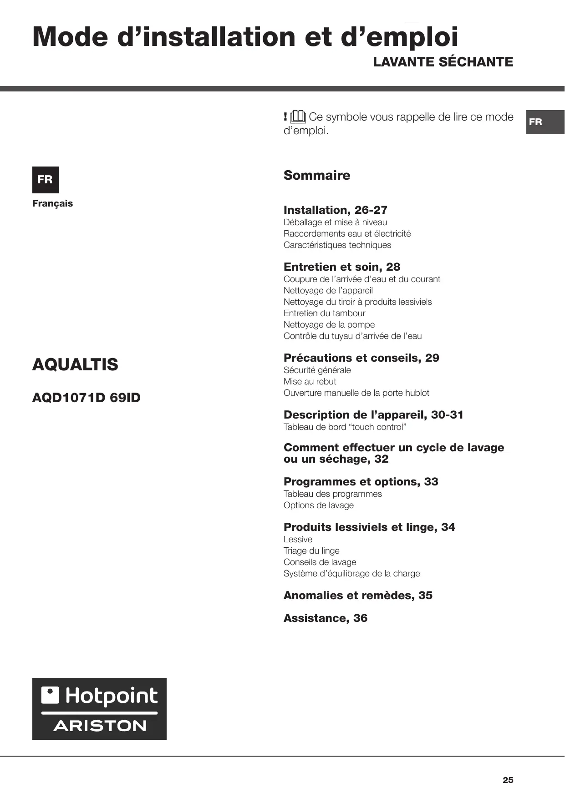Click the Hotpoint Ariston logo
(x=99, y=708)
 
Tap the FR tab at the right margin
(x=545, y=122)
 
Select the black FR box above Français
(x=46, y=180)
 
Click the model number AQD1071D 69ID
(x=87, y=398)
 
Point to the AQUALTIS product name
(x=75, y=364)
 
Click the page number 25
(x=508, y=780)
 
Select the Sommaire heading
(x=317, y=175)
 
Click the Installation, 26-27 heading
(x=335, y=210)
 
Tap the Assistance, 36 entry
(x=325, y=618)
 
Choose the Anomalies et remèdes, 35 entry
(x=358, y=595)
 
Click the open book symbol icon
(x=298, y=117)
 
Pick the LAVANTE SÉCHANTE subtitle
(x=443, y=62)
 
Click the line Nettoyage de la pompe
(x=329, y=324)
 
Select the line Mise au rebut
(x=310, y=381)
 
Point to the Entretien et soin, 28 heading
(x=342, y=267)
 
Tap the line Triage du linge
(x=311, y=551)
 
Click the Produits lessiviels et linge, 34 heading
(x=369, y=527)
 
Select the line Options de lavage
(x=319, y=505)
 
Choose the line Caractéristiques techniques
(x=337, y=245)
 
